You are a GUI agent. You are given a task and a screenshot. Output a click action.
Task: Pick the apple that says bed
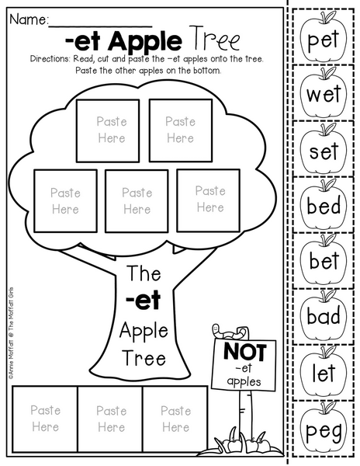324,204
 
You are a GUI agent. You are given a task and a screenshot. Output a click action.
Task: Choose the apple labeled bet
324,259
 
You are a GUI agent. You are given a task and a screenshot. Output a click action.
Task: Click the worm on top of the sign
230,332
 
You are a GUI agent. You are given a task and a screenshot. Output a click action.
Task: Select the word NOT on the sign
245,352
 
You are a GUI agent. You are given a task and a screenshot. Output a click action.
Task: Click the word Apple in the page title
145,42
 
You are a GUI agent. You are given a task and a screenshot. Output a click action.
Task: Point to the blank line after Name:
100,26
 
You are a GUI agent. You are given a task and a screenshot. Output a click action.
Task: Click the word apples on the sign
244,381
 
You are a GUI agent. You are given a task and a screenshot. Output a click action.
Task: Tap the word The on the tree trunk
144,273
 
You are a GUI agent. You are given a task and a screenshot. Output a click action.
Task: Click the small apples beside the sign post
245,445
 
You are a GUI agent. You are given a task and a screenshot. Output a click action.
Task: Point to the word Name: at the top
29,19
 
